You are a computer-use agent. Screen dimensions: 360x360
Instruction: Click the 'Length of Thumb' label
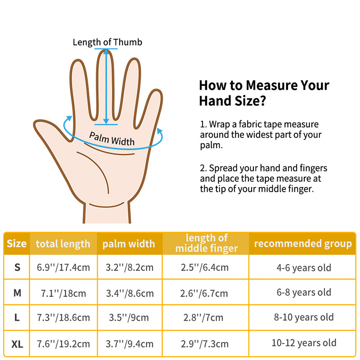[x=108, y=42]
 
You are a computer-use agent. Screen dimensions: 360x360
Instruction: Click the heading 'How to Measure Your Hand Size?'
[x=264, y=93]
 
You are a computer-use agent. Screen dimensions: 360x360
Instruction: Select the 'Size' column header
[x=17, y=244]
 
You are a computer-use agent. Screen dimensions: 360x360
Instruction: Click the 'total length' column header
[x=63, y=244]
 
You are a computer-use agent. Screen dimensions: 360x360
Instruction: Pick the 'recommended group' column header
[x=303, y=243]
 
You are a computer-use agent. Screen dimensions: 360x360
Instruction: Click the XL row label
[x=17, y=344]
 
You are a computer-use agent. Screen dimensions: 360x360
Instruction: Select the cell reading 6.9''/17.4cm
[x=63, y=267]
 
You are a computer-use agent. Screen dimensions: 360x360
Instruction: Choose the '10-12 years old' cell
[x=304, y=343]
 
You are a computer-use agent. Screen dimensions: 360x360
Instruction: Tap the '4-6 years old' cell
[x=304, y=268]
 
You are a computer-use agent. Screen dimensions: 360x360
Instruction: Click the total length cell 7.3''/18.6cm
[x=63, y=317]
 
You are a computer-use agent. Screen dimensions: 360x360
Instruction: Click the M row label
[x=17, y=293]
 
